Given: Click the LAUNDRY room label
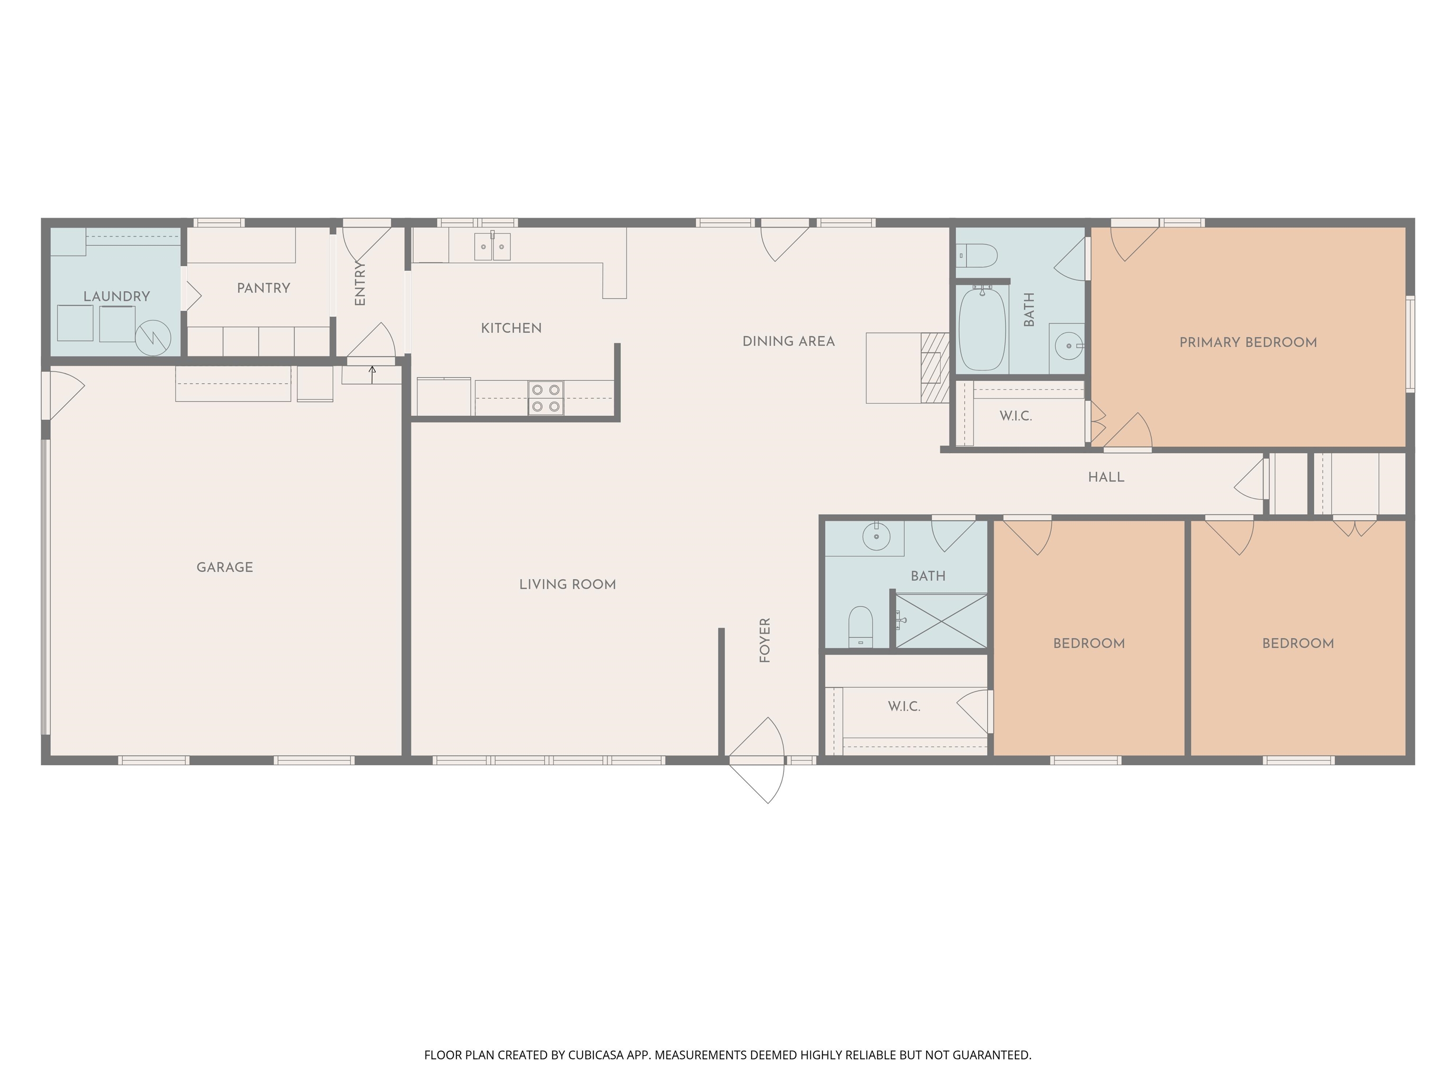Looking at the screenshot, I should pyautogui.click(x=117, y=296).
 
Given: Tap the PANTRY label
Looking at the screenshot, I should pyautogui.click(x=264, y=288).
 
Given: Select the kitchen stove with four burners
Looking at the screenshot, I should pyautogui.click(x=546, y=398).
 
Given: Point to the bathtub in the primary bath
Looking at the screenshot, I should pyautogui.click(x=982, y=328).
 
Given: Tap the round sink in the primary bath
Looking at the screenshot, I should pyautogui.click(x=1068, y=346).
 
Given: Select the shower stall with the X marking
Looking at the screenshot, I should pyautogui.click(x=941, y=621).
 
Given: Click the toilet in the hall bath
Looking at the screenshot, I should pyautogui.click(x=860, y=628).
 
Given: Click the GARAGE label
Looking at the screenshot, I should pyautogui.click(x=225, y=567).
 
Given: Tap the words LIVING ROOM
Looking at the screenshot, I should pyautogui.click(x=567, y=584).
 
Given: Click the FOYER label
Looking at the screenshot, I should pyautogui.click(x=764, y=640).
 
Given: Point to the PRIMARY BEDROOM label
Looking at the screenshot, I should pyautogui.click(x=1247, y=342).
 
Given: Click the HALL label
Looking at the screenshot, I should pyautogui.click(x=1106, y=477).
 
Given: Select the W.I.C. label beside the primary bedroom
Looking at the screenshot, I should pyautogui.click(x=1016, y=416).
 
